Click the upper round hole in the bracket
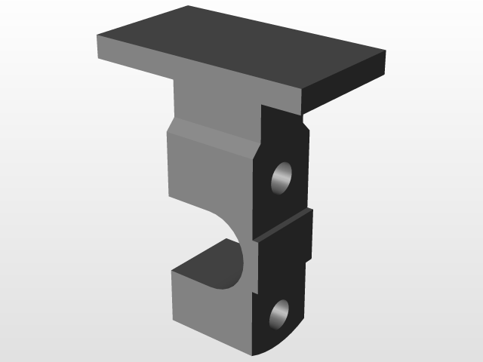pyautogui.click(x=282, y=178)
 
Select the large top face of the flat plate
pyautogui.click(x=241, y=45)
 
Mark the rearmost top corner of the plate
pyautogui.click(x=188, y=6)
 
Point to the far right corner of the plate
pyautogui.click(x=386, y=51)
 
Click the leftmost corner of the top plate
pyautogui.click(x=98, y=38)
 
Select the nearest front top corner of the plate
pyautogui.click(x=302, y=91)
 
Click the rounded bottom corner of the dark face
pyautogui.click(x=268, y=351)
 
